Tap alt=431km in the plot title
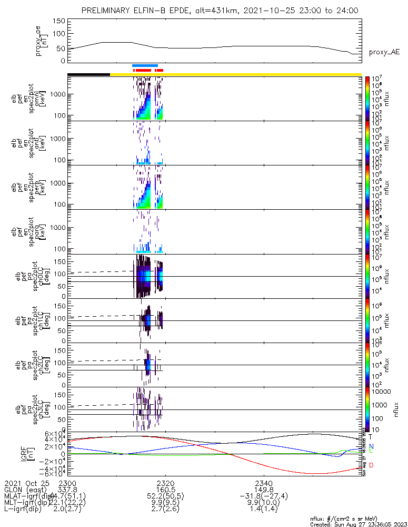pos(201,11)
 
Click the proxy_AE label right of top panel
pos(384,52)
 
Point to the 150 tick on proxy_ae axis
pos(59,21)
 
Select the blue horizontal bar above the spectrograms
pos(145,65)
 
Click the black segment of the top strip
pos(88,74)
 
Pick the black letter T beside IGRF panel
pos(371,437)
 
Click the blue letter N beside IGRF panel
pos(371,446)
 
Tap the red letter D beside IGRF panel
pos(371,465)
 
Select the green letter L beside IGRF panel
pos(371,451)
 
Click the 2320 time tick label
pos(165,483)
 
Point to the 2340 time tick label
pos(263,483)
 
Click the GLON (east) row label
pos(24,490)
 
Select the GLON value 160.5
pos(165,490)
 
